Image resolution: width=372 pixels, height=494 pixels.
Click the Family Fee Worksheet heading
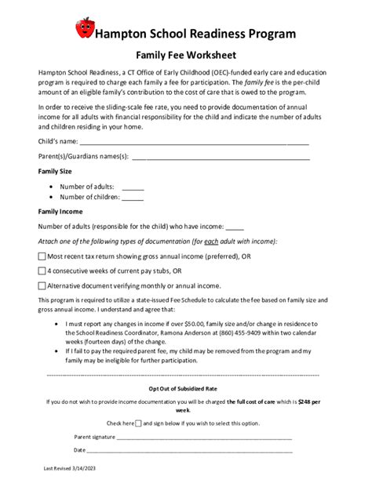coord(186,56)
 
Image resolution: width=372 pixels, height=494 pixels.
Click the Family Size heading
coord(55,171)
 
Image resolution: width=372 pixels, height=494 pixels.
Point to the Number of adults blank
coord(133,187)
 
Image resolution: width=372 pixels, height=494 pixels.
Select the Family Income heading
coord(60,212)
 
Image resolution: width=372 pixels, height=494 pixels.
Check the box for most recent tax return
coord(42,256)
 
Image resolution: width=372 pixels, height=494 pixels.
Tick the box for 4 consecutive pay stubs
coord(42,271)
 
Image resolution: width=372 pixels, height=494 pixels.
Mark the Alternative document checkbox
coord(42,285)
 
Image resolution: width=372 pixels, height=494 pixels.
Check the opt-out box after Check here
coord(138,423)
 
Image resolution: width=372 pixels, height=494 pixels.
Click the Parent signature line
coord(204,437)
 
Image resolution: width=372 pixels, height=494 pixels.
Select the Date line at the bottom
coord(189,451)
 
